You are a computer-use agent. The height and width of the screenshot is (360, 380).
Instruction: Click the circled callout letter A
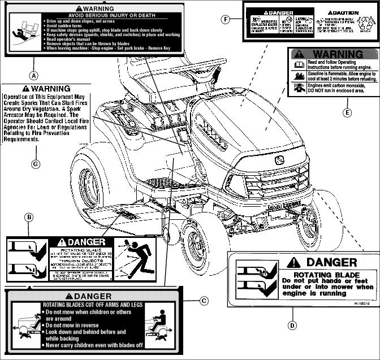point(34,75)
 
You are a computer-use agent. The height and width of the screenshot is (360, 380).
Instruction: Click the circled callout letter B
point(29,216)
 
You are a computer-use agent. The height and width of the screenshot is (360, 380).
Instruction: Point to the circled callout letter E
point(347,112)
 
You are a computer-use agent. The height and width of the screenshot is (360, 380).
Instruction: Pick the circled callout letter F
point(226,20)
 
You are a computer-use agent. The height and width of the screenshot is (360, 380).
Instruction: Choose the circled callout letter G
point(36,164)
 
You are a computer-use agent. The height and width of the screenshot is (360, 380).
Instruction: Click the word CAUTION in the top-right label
point(346,12)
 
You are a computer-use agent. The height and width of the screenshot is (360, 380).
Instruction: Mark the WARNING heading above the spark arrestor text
point(46,89)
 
